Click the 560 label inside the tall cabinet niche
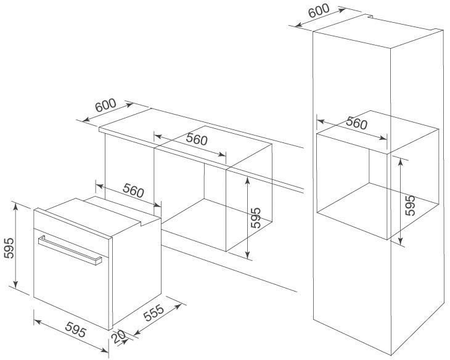click(356, 123)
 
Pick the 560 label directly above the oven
click(133, 192)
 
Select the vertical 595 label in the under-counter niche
click(255, 218)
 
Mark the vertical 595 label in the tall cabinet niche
click(410, 205)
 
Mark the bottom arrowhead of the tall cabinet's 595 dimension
click(400, 242)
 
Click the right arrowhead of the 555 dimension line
click(183, 303)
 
